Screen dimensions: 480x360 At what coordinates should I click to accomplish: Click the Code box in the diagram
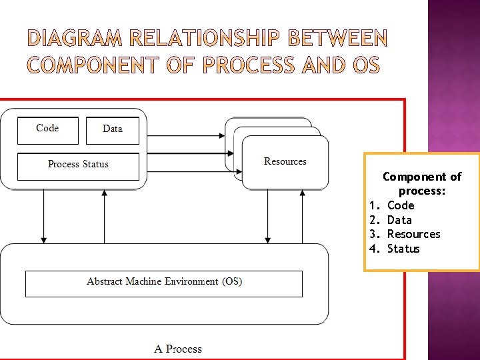[x=47, y=130]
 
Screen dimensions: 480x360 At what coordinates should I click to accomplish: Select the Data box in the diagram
[x=113, y=131]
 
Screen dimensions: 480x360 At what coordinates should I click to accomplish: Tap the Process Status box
[x=78, y=166]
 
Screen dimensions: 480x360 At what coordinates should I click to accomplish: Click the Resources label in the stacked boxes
[x=285, y=161]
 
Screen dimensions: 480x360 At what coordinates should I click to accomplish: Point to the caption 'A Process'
[x=177, y=349]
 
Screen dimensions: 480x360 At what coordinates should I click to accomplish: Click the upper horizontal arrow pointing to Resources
[x=187, y=136]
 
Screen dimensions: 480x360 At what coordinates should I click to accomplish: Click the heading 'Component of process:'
[x=422, y=184]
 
